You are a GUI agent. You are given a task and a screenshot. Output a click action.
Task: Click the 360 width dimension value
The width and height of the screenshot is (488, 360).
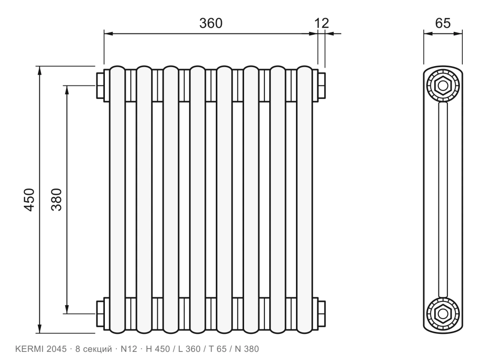[211, 23]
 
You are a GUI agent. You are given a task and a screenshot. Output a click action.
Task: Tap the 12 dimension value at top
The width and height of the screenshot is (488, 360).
[322, 23]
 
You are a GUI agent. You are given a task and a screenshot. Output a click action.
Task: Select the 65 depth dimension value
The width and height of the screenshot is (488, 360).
[443, 23]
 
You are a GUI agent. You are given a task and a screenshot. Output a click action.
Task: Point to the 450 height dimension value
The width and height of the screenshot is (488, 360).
[29, 200]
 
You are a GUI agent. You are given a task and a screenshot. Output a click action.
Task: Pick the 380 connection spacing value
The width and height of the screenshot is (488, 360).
[57, 200]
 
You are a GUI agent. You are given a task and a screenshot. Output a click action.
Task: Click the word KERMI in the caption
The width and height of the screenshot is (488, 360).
[30, 349]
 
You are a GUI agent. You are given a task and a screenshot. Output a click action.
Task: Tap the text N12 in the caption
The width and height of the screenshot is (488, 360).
[129, 349]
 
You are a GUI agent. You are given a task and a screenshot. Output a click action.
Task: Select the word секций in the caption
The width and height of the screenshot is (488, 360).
[98, 350]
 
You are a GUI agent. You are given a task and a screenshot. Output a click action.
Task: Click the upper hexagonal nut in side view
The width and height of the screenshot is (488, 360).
[443, 85]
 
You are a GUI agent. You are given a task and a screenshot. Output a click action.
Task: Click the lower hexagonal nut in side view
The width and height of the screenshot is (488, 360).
[443, 314]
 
